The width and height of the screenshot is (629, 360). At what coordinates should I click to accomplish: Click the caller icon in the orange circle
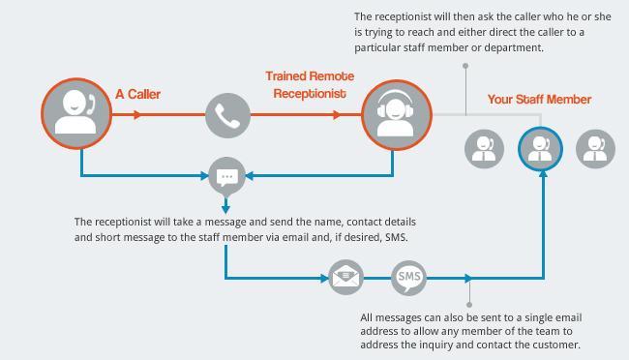tap(76, 113)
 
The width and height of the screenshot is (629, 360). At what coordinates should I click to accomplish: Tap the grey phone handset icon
tap(227, 115)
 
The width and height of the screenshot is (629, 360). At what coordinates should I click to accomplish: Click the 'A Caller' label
tap(138, 94)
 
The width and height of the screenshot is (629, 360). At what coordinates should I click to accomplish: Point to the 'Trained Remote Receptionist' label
tap(310, 83)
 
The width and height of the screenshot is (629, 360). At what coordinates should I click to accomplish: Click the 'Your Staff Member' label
tap(539, 99)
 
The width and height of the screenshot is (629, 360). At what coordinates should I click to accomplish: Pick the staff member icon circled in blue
tap(541, 149)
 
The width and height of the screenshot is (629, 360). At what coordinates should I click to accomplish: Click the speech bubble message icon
tap(226, 177)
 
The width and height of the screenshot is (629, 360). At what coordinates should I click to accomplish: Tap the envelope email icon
tap(345, 279)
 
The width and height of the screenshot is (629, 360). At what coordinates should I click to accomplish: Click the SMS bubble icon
tap(408, 279)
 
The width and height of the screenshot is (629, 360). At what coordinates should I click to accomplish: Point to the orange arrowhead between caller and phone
tap(137, 115)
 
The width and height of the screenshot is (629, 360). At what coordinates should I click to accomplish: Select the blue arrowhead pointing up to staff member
tap(541, 180)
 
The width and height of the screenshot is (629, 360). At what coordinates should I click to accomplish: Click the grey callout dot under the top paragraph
tap(466, 66)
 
